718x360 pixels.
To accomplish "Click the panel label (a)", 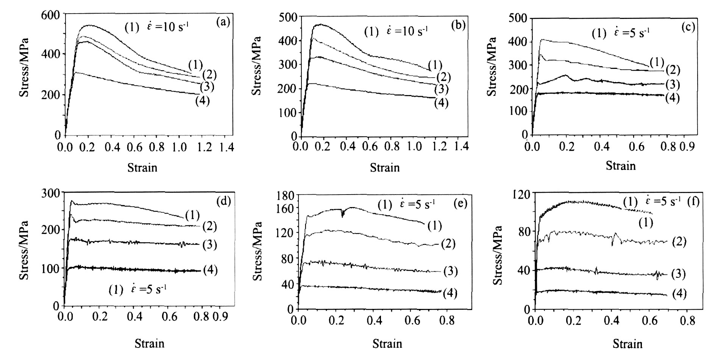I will click(223, 22).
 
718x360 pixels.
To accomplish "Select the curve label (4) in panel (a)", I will click(202, 101).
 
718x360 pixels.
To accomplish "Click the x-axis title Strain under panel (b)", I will click(385, 167).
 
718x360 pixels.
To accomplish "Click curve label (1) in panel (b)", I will click(435, 65).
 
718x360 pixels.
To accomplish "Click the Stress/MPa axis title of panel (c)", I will click(492, 66).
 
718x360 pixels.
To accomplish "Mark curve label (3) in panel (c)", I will click(672, 84).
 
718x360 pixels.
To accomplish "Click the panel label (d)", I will click(223, 201).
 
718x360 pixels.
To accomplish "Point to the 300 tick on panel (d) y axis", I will click(52, 193).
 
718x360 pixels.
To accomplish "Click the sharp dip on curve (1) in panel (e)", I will click(343, 214).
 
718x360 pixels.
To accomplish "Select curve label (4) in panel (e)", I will click(450, 293).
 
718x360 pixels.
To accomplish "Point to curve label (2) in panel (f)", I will click(679, 242).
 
